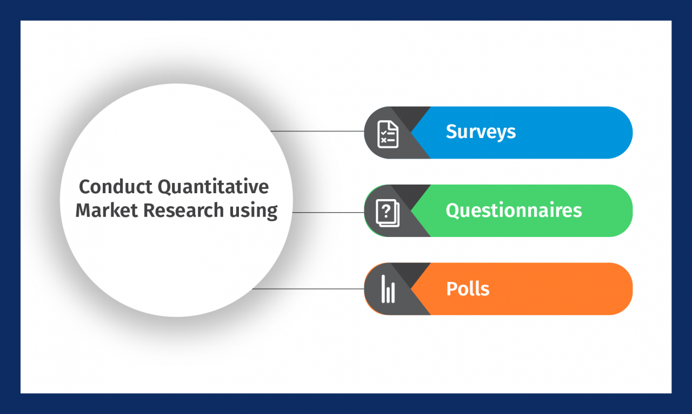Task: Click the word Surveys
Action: pyautogui.click(x=481, y=132)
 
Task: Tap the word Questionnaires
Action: pyautogui.click(x=514, y=210)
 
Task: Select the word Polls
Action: pyautogui.click(x=468, y=288)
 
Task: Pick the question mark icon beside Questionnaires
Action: pyautogui.click(x=387, y=213)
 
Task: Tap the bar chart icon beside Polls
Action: pyautogui.click(x=388, y=289)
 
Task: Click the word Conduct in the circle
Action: pyautogui.click(x=115, y=187)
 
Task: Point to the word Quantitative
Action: pyautogui.click(x=213, y=187)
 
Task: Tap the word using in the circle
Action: pyautogui.click(x=254, y=211)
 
